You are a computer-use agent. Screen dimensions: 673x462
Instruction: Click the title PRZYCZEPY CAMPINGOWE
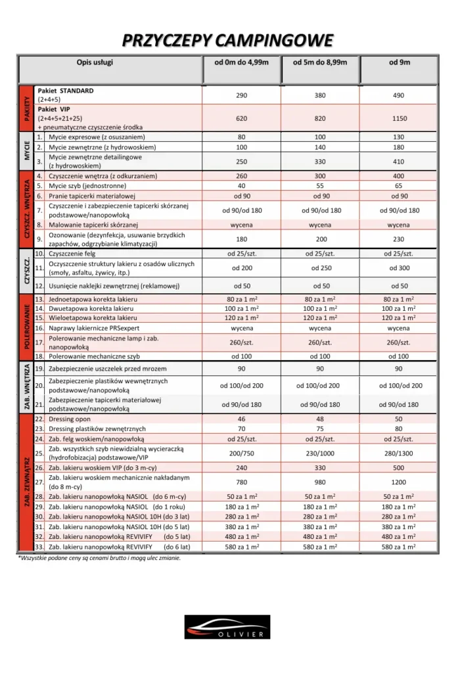pyautogui.click(x=227, y=41)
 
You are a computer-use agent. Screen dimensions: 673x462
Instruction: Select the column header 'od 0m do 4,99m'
pyautogui.click(x=241, y=63)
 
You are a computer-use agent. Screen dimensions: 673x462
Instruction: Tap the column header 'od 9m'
pyautogui.click(x=398, y=63)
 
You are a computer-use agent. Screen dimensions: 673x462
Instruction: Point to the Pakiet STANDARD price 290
pyautogui.click(x=241, y=95)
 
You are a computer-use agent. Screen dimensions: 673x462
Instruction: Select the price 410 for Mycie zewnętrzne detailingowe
pyautogui.click(x=398, y=162)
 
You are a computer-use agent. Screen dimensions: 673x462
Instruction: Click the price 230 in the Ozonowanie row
pyautogui.click(x=398, y=239)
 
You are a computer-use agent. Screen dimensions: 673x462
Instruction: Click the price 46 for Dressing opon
pyautogui.click(x=241, y=419)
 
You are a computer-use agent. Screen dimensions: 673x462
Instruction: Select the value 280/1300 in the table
pyautogui.click(x=398, y=453)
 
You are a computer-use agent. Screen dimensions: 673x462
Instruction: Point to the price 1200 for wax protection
pyautogui.click(x=398, y=482)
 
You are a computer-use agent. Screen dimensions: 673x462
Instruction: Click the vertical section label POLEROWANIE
pyautogui.click(x=26, y=325)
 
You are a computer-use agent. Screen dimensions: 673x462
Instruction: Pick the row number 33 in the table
pyautogui.click(x=39, y=547)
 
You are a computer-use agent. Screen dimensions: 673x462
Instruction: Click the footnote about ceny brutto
pyautogui.click(x=99, y=557)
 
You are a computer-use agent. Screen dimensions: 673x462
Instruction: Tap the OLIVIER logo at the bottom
pyautogui.click(x=227, y=626)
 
